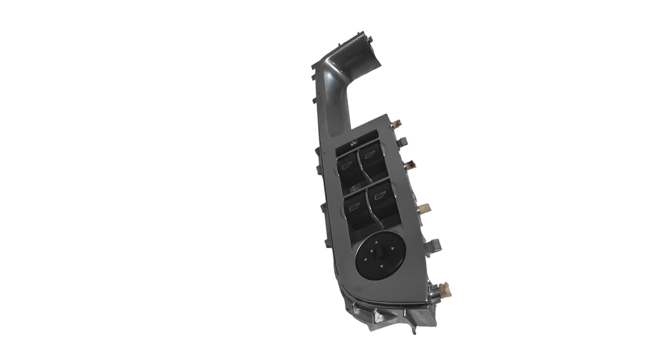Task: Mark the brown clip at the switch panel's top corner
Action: click(398, 124)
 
